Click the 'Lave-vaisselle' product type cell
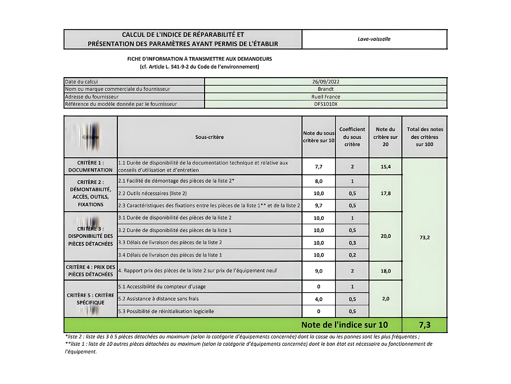(374, 39)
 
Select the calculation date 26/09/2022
(326, 82)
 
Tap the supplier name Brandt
(326, 89)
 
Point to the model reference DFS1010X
(326, 104)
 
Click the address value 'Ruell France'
(326, 97)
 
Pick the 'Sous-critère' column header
(209, 137)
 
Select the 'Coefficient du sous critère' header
(352, 137)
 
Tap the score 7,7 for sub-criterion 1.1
(319, 167)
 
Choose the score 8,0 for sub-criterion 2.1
(319, 181)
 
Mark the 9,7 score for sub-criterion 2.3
(319, 205)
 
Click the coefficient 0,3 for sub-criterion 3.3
(352, 243)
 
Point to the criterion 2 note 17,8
(386, 193)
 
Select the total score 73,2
(424, 237)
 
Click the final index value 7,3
(424, 325)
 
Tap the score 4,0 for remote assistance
(319, 299)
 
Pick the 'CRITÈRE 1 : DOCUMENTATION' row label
(90, 166)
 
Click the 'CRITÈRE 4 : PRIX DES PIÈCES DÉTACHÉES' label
(90, 271)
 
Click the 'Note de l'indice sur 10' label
(344, 325)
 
